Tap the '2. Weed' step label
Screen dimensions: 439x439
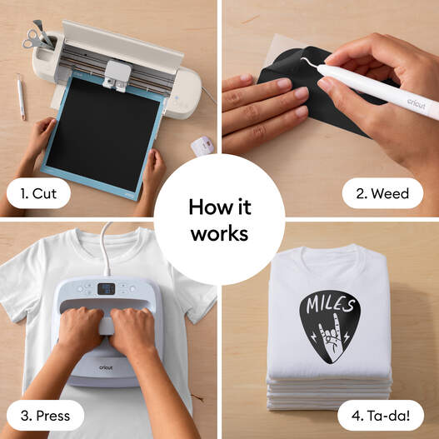[382, 194]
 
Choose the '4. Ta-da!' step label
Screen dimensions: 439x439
[378, 414]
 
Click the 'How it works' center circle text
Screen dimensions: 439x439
[219, 220]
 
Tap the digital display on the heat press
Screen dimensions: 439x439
[107, 288]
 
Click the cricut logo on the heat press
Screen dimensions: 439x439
[107, 362]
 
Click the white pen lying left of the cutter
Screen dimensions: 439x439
[21, 97]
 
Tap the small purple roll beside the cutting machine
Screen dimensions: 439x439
[201, 146]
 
